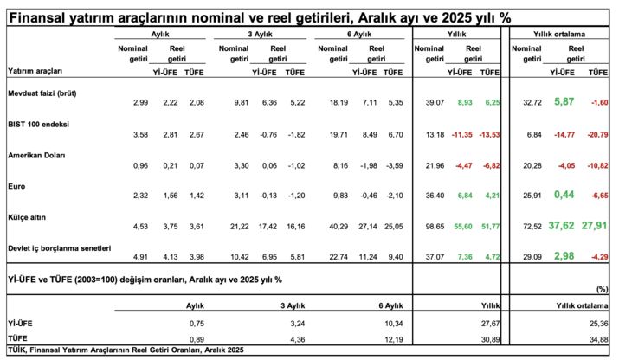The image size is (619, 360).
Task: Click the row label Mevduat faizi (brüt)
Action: tap(42, 93)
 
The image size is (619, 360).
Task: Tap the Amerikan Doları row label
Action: tap(35, 155)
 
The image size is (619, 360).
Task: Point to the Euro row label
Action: tap(16, 186)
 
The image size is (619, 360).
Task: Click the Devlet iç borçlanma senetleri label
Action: tap(59, 248)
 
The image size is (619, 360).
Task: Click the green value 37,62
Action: tap(558, 226)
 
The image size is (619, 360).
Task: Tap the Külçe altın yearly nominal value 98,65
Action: tap(432, 227)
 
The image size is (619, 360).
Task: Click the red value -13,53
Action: tap(490, 134)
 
